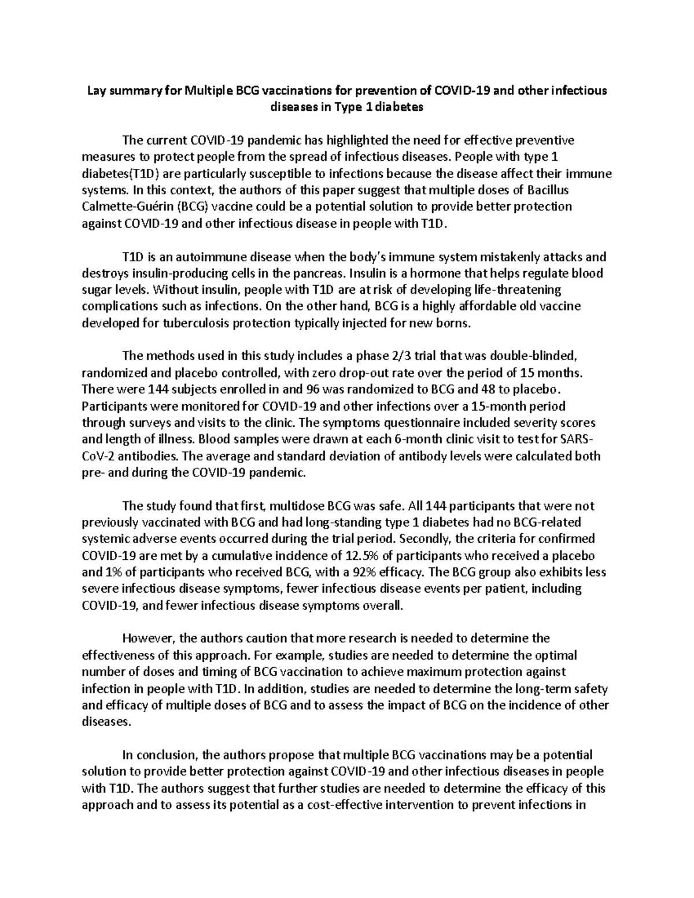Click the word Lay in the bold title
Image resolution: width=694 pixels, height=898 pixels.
coord(96,91)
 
